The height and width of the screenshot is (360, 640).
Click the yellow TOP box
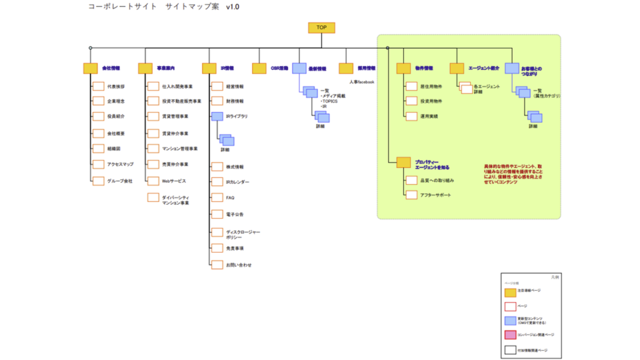[321, 28]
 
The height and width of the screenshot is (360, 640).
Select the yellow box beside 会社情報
[91, 68]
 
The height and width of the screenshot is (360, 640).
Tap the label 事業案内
[165, 68]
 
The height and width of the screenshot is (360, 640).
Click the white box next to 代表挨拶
[98, 86]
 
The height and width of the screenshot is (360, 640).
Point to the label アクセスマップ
[121, 164]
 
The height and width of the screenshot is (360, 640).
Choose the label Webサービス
[174, 181]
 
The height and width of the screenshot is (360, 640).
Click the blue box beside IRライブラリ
[217, 116]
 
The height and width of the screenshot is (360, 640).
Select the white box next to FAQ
[217, 197]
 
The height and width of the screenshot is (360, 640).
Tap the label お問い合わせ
[239, 265]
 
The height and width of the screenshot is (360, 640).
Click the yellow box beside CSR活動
[259, 68]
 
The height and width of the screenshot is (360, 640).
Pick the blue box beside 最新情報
[299, 68]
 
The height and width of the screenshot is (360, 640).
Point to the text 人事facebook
[361, 82]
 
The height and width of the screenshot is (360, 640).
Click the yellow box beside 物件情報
[403, 68]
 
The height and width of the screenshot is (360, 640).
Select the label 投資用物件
[431, 101]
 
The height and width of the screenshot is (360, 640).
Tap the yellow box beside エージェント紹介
[457, 68]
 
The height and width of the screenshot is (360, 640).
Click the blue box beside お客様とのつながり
[511, 68]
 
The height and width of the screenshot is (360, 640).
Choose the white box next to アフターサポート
[411, 195]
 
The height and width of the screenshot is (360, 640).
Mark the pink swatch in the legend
[511, 335]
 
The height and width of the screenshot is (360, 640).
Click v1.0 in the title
[233, 7]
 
